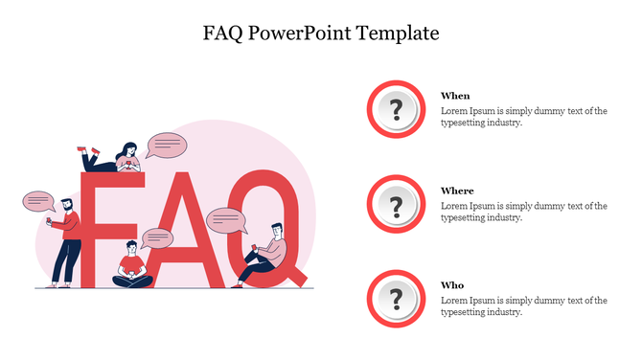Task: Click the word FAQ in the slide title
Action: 222,34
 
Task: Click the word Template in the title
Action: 400,34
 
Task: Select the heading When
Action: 455,96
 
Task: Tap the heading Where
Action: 457,191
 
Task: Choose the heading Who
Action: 452,285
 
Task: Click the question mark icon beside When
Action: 395,109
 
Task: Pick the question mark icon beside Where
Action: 395,204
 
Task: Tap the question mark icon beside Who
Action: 395,299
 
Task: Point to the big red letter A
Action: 188,225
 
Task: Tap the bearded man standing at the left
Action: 64,240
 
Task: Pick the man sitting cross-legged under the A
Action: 132,267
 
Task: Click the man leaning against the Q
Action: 267,255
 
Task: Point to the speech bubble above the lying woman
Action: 167,146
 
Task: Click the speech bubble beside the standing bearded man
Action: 38,202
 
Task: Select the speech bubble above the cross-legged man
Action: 155,238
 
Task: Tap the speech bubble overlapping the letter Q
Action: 226,220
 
